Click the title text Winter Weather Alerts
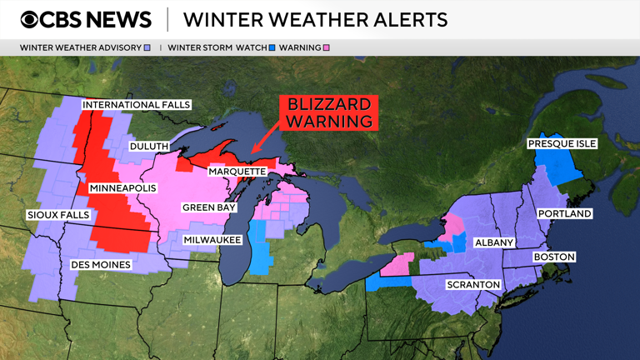[x=315, y=19]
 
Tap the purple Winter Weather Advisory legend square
[x=147, y=47]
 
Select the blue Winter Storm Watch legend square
[x=271, y=47]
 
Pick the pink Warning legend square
[x=326, y=47]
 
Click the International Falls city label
[x=137, y=105]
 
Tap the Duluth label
[x=149, y=147]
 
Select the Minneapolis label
[x=122, y=188]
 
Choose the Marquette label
[x=237, y=172]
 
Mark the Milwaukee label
[x=212, y=240]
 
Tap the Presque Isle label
[x=562, y=144]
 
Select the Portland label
[x=564, y=214]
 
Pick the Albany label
[x=494, y=242]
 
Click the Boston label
[x=554, y=257]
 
